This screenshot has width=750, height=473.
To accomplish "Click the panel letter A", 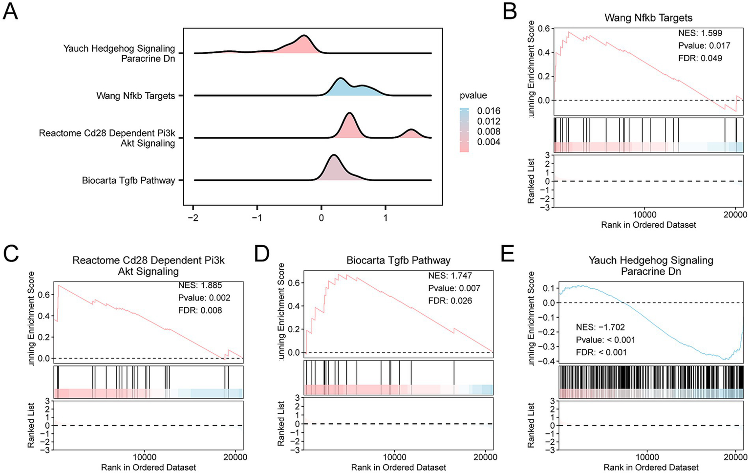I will (10, 10).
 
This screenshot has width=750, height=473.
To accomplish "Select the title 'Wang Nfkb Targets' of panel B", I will (648, 18).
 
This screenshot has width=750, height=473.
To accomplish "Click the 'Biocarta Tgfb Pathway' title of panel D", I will (398, 260).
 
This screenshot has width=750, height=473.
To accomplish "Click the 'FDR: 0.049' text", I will (700, 58).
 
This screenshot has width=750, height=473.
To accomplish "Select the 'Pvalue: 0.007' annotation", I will (454, 288).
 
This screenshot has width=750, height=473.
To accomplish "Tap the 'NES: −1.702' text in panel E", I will (600, 327).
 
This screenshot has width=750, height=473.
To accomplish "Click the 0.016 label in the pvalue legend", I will (489, 111).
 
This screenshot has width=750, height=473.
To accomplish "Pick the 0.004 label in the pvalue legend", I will (489, 142).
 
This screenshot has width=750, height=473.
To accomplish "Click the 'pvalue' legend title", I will (473, 95).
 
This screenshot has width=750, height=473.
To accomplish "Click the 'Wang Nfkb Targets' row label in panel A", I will (135, 96).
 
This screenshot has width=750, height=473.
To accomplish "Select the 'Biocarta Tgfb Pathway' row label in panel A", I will (129, 180).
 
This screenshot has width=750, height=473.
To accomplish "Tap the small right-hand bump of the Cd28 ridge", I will (411, 134).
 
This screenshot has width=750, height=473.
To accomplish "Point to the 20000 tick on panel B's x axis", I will (736, 215).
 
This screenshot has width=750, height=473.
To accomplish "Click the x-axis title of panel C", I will (149, 468).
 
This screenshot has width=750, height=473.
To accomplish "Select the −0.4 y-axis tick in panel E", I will (548, 361).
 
